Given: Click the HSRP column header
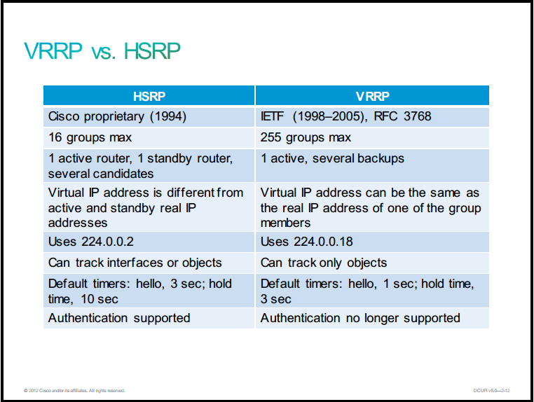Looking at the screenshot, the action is point(149,97).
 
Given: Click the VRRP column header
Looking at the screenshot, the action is point(372,97).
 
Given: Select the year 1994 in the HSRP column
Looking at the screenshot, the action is point(168,116).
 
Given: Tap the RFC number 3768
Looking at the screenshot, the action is point(417,116).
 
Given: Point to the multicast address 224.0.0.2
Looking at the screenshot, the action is point(108,242).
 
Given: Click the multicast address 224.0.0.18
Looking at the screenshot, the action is point(323,242).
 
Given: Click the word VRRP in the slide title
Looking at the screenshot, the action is point(53,51).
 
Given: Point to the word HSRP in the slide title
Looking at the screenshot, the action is point(152,51).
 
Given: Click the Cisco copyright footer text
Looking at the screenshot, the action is point(74,390).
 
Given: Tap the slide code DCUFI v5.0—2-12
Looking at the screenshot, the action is point(491,390).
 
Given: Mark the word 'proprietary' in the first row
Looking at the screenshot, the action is point(114,117).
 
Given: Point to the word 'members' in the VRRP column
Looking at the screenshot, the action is point(285,223).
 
